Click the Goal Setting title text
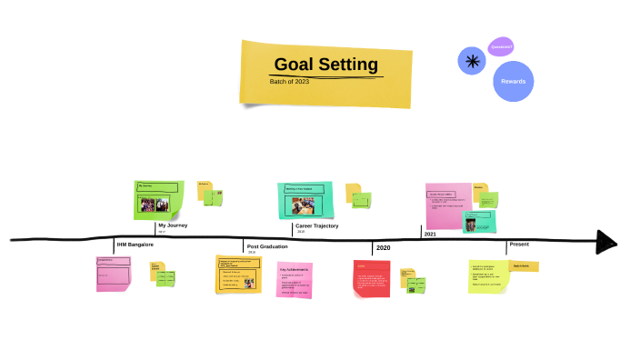coord(325,65)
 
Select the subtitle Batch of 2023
coord(289,82)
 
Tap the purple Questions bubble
coord(501,46)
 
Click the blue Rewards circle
coord(513,81)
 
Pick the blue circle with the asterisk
coord(471,61)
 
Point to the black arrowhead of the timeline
coord(605,242)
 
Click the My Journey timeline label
coord(174,225)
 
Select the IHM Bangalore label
coord(135,245)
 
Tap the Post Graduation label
coord(267,246)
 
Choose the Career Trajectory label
coord(316,225)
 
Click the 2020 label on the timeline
coord(383,248)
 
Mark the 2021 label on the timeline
coord(430,235)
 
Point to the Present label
coord(519,244)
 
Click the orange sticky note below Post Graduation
coord(238,275)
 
